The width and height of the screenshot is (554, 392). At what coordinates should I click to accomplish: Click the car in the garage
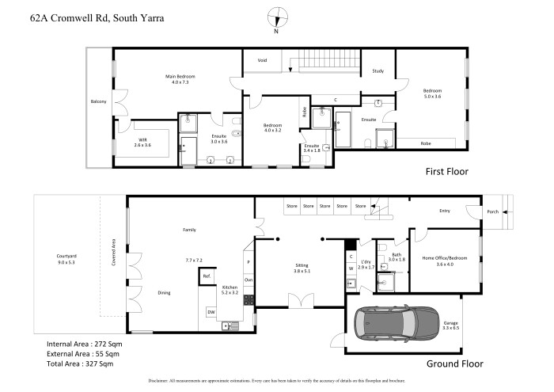[x=395, y=323]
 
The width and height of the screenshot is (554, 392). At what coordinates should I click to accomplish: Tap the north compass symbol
[x=275, y=17]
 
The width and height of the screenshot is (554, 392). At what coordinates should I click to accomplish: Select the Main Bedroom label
[x=180, y=77]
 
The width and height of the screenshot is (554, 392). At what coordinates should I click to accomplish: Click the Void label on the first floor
[x=262, y=60]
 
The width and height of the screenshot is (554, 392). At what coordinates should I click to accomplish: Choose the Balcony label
[x=98, y=101]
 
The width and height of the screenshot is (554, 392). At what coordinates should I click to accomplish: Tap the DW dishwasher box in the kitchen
[x=211, y=312]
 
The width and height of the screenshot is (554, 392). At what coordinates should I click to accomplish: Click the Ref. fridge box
[x=207, y=276]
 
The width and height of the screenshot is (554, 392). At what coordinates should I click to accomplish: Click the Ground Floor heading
[x=454, y=363]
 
